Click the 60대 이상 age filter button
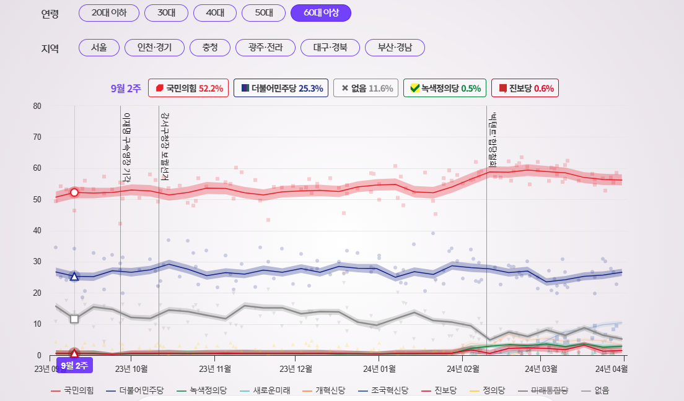click(x=320, y=13)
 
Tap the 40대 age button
click(x=214, y=13)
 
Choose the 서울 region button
click(x=99, y=48)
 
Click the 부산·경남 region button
click(x=395, y=48)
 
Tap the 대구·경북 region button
click(x=330, y=48)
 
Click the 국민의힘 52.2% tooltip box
click(x=189, y=88)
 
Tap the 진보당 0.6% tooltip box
click(x=525, y=88)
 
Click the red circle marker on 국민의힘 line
click(x=74, y=192)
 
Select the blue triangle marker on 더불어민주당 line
click(x=74, y=277)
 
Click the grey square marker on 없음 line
click(x=74, y=319)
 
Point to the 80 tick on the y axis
click(x=37, y=106)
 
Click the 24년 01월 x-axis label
click(x=379, y=369)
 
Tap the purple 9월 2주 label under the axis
click(x=74, y=365)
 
